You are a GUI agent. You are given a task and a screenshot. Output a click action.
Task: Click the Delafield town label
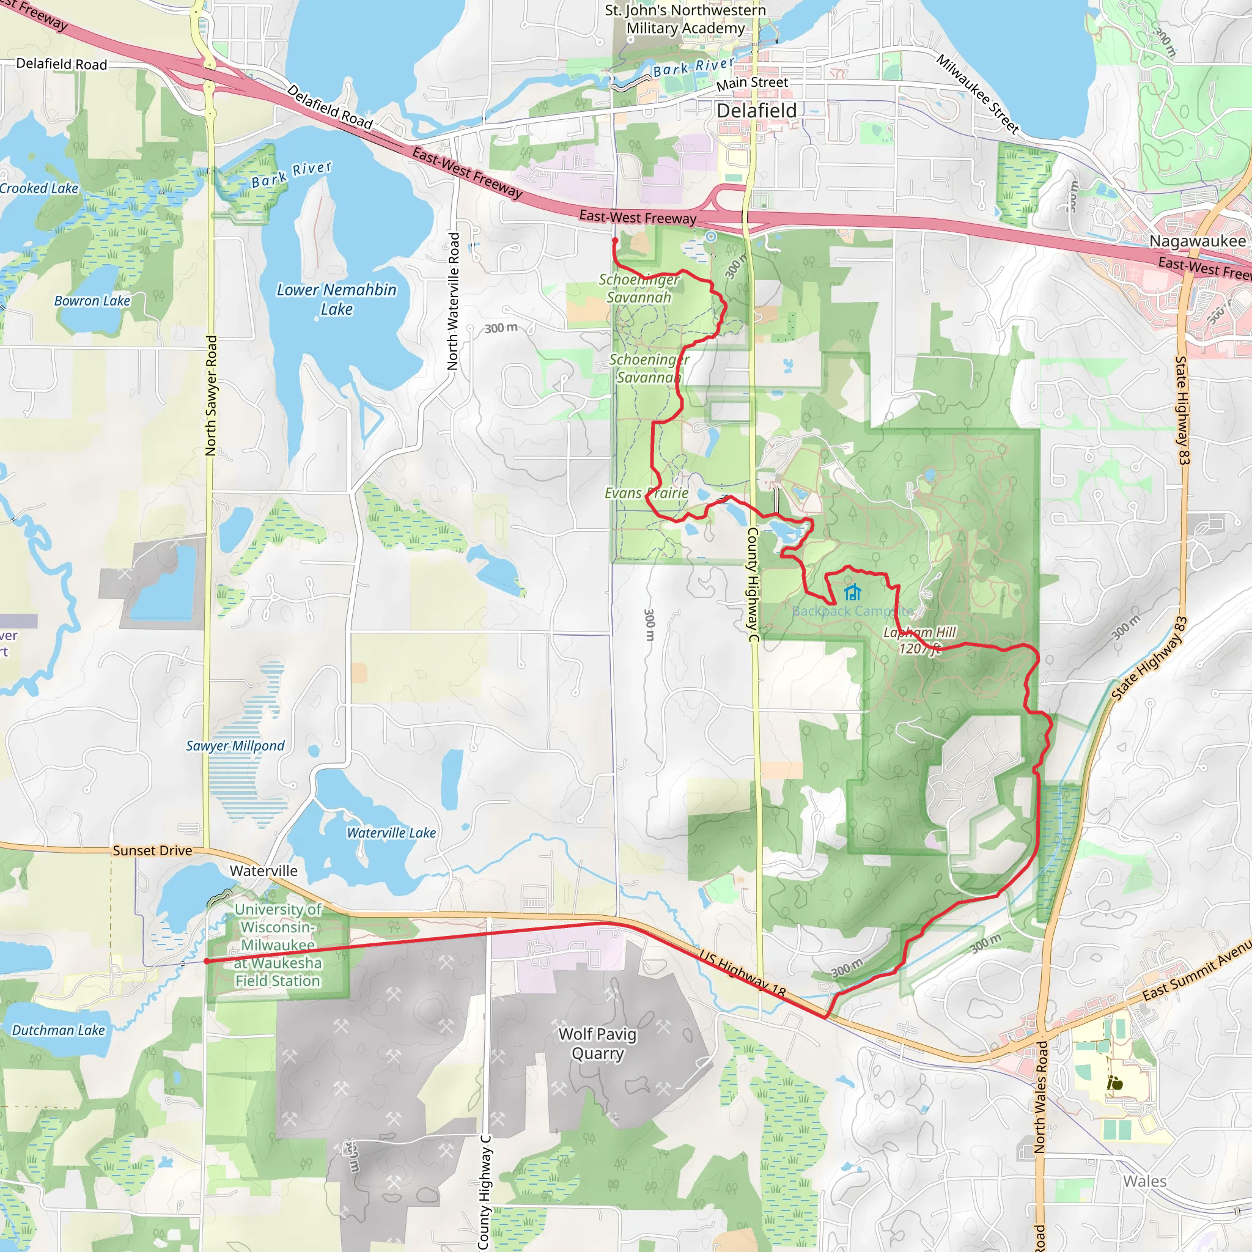[x=756, y=111]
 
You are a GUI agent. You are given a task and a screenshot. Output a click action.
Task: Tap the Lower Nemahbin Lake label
[x=336, y=300]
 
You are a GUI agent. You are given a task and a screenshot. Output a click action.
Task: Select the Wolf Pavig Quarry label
[x=597, y=1044]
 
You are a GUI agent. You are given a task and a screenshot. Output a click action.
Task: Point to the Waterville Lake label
[x=391, y=833]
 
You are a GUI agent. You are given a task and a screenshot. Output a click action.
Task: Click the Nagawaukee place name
[x=1198, y=241]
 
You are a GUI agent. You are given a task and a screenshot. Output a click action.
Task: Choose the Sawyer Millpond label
[x=235, y=746]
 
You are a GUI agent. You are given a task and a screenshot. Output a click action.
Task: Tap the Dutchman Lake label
[x=58, y=1030]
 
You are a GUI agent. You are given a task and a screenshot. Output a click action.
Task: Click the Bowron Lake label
[x=92, y=301]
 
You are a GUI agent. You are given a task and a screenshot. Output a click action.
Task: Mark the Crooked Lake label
[x=39, y=188]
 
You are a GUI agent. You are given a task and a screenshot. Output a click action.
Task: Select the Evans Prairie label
[x=646, y=493]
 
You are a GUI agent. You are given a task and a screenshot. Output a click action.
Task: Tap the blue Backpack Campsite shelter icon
[x=853, y=592]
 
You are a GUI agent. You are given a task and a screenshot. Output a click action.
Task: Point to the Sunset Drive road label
[x=152, y=851]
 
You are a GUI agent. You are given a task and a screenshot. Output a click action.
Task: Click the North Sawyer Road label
[x=211, y=396]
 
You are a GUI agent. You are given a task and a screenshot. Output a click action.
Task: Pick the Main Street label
[x=752, y=83]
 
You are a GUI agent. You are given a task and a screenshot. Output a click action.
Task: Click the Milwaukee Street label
[x=978, y=94]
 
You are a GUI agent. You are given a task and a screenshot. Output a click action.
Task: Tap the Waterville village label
[x=263, y=871]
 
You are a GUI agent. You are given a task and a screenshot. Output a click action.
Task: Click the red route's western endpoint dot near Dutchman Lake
[x=206, y=961]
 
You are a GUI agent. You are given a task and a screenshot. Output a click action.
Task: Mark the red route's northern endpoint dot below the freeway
[x=615, y=240]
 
